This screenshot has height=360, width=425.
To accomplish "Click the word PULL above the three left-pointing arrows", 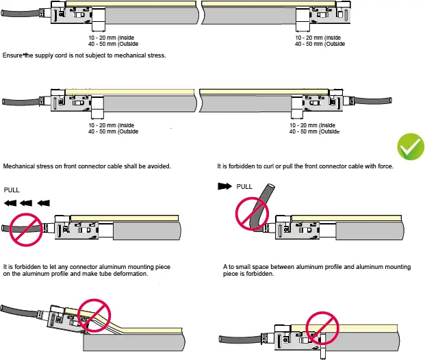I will tap(13, 190).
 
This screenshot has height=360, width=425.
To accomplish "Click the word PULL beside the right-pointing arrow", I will tap(244, 186).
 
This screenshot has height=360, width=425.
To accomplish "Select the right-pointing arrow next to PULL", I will tap(224, 186).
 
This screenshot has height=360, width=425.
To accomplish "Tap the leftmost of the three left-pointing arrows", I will tap(10, 203).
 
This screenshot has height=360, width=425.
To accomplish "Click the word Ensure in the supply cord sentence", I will tap(14, 55).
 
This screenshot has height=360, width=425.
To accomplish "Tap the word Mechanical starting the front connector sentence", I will tap(20, 166).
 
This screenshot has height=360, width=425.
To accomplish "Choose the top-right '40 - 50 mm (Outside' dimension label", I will tap(320, 44).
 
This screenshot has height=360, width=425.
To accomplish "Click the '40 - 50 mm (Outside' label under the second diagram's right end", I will tap(314, 131).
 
